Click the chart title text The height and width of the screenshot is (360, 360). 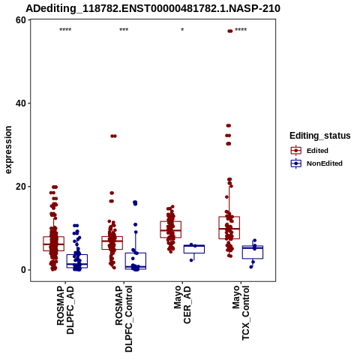pos(153,9)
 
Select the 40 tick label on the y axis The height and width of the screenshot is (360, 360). pos(21,103)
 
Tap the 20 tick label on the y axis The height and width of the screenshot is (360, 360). pos(21,187)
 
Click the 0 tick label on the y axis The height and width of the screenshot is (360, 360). pos(23,270)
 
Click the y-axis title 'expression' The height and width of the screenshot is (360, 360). pos(8,150)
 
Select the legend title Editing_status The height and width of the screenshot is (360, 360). pos(320,136)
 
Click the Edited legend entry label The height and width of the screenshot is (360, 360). pos(317,151)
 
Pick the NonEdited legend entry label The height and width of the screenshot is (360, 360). pos(325,163)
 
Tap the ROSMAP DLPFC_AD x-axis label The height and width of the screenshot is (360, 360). pos(65,310)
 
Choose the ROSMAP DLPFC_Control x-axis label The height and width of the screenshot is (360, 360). pos(124,319)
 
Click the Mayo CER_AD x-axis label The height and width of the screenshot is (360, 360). pos(182,304)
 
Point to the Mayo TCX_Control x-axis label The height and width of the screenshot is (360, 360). pos(241,313)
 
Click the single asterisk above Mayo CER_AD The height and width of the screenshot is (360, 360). pos(182,30)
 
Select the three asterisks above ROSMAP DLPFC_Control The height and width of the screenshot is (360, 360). pos(124,30)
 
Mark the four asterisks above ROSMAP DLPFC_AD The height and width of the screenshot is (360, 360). pos(65,30)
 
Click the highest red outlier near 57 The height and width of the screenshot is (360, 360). pos(230,31)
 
